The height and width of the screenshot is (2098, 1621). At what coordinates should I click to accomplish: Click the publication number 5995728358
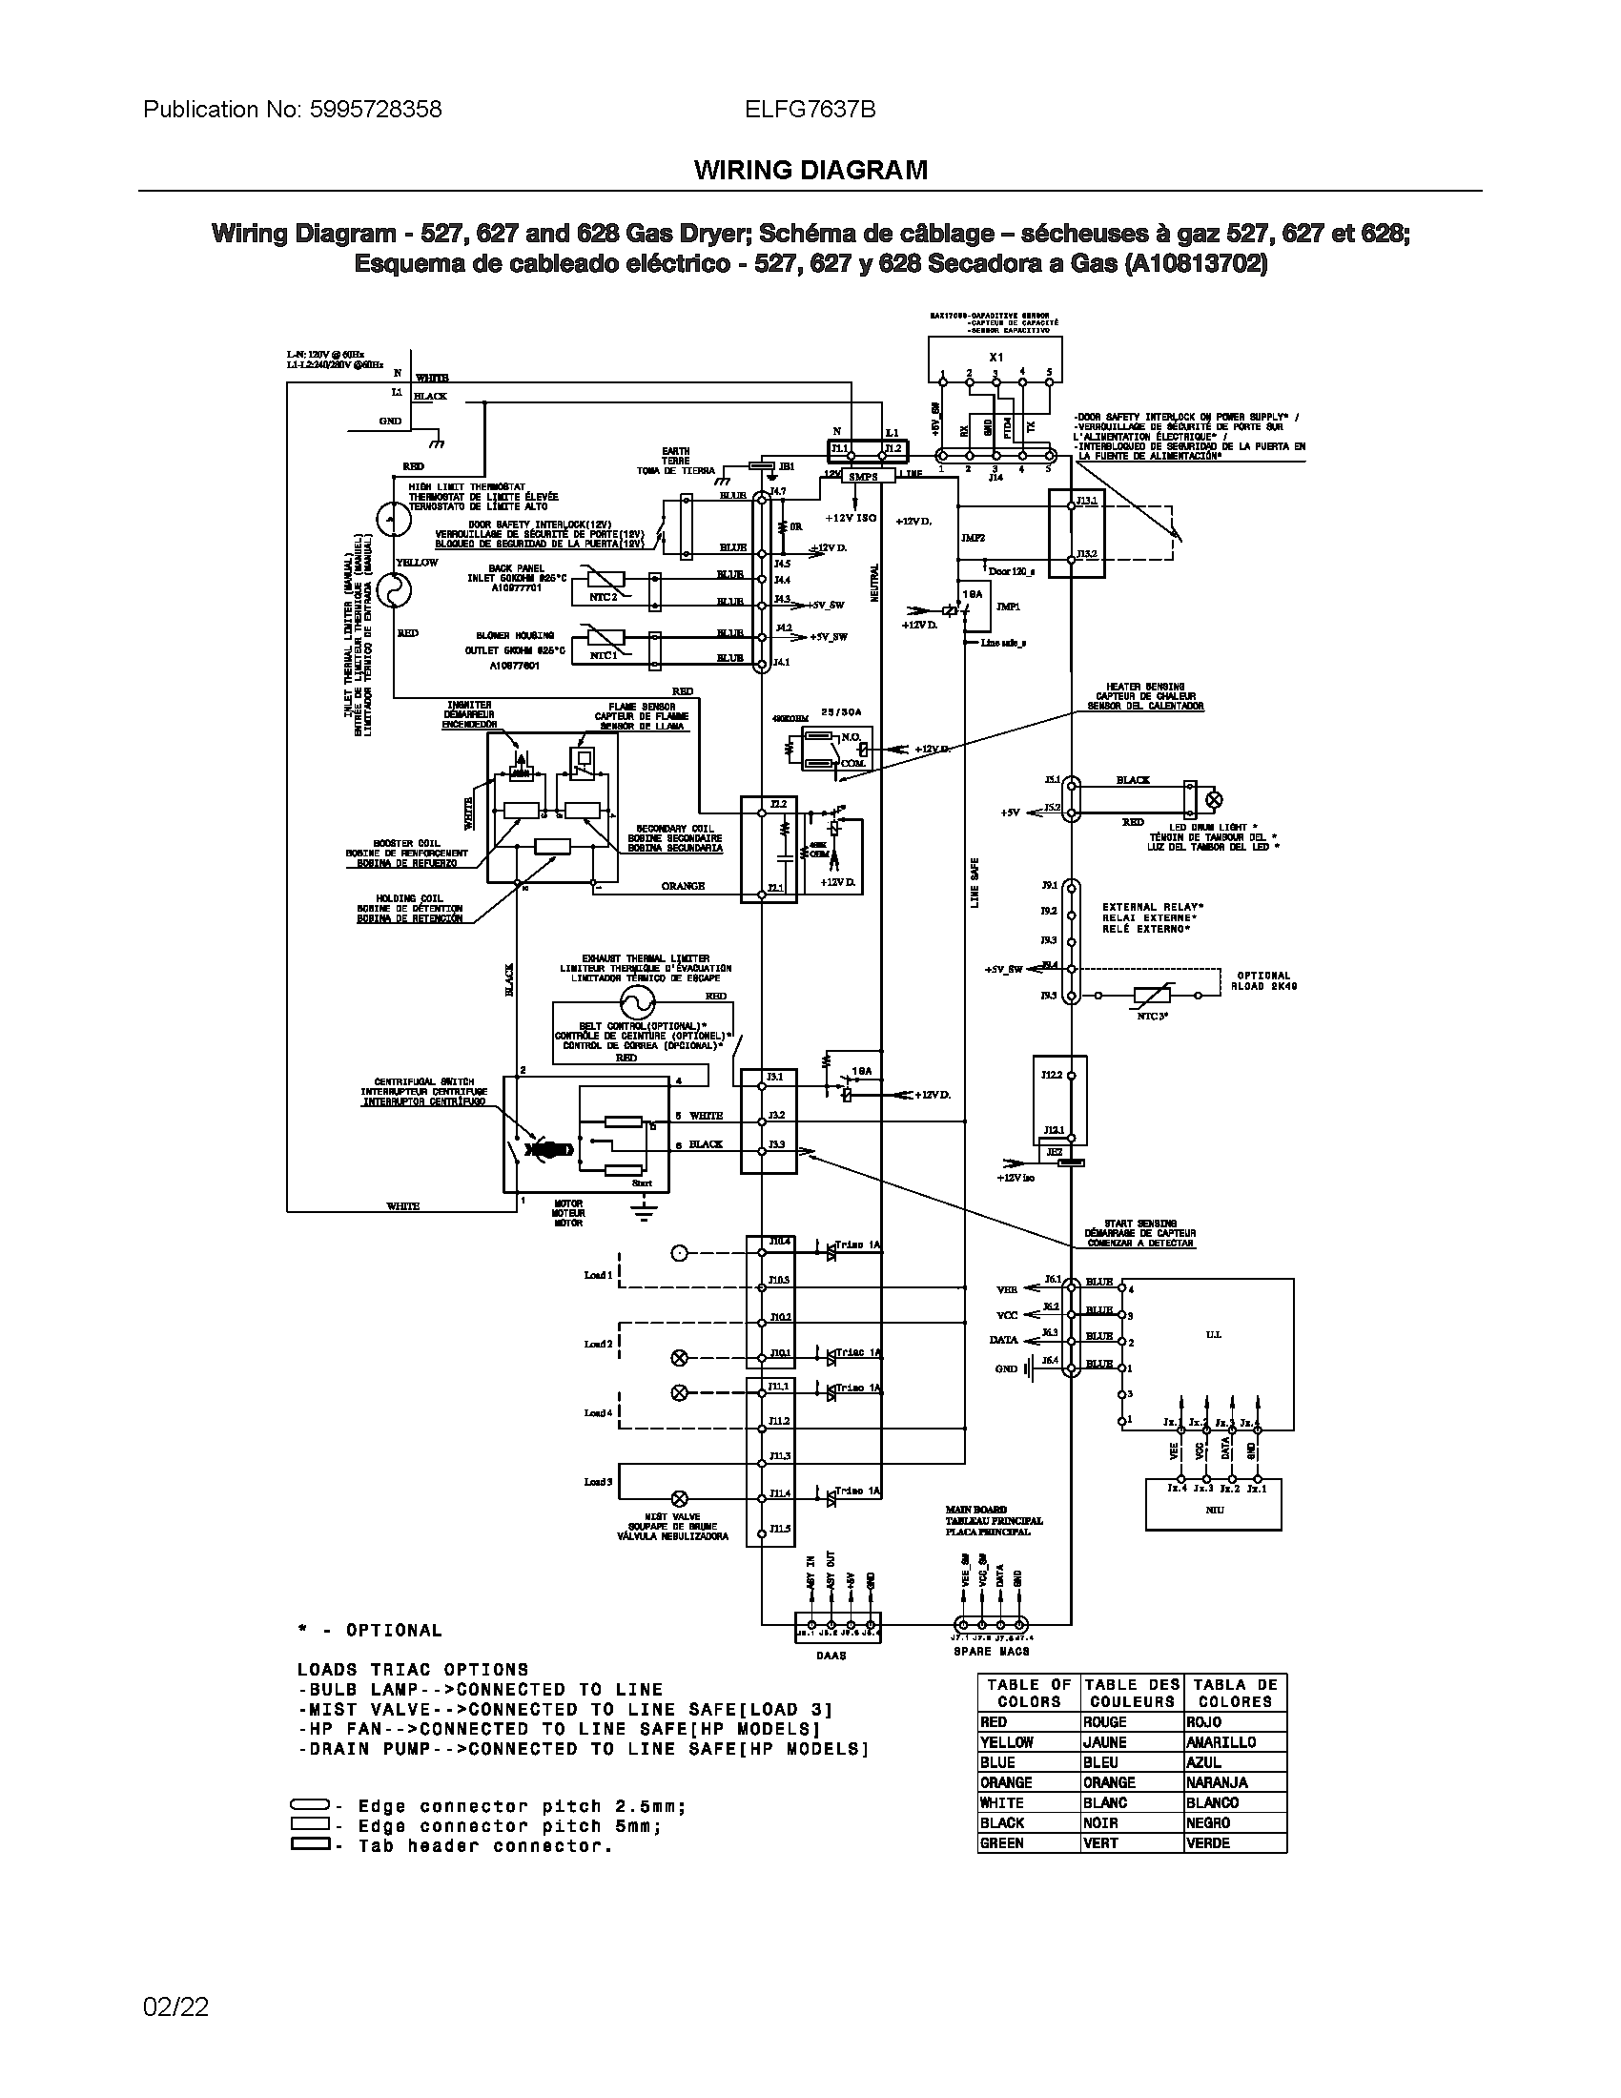[376, 110]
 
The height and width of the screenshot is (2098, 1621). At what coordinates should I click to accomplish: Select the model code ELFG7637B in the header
[810, 110]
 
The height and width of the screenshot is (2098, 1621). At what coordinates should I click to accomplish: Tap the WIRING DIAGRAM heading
[810, 170]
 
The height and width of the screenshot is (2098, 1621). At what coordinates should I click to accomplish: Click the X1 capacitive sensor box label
[995, 357]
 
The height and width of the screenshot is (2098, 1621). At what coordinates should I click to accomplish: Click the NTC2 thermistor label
[603, 597]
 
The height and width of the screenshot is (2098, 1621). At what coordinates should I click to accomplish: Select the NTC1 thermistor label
[603, 655]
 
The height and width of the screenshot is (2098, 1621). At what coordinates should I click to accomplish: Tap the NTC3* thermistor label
[1153, 1015]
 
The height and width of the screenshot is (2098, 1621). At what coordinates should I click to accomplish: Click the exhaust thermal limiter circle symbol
[635, 1003]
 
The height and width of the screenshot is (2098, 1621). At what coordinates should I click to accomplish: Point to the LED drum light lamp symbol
[1213, 798]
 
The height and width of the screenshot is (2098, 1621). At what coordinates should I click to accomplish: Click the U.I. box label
[1213, 1334]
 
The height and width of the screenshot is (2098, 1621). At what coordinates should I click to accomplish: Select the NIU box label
[1214, 1510]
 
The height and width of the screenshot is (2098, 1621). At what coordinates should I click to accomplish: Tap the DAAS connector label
[831, 1656]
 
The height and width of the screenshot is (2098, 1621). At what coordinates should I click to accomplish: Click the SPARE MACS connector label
[991, 1652]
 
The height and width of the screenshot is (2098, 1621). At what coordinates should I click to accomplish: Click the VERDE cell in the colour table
[1208, 1842]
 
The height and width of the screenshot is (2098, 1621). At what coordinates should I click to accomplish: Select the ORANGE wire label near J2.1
[683, 886]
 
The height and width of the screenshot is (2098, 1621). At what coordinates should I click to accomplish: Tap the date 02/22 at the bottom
[175, 2006]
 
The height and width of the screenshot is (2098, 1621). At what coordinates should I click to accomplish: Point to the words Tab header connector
[485, 1845]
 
